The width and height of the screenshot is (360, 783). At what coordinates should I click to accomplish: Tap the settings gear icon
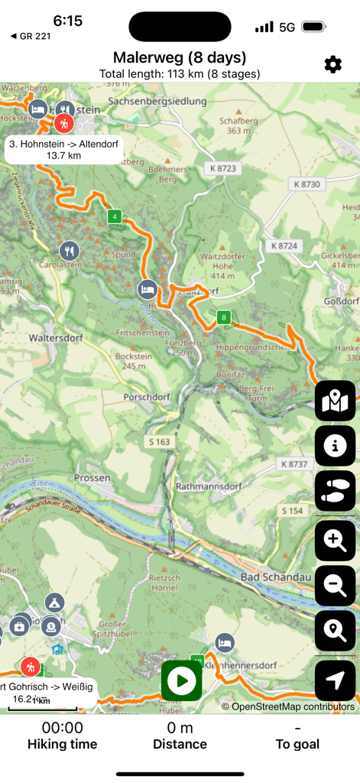[x=332, y=65]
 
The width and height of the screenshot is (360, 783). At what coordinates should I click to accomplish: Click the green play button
[x=182, y=681]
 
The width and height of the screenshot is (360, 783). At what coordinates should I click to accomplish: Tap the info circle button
[x=335, y=446]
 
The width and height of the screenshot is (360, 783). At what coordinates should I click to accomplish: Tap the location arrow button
[x=335, y=680]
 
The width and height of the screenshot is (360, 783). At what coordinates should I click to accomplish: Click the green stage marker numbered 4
[x=115, y=216]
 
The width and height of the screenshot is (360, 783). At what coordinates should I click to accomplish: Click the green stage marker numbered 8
[x=224, y=317]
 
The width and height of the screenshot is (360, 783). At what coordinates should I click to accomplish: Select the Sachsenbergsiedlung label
[x=157, y=101]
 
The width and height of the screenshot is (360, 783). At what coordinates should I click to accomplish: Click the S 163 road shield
[x=157, y=442]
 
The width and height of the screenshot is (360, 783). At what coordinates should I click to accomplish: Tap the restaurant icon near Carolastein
[x=70, y=250]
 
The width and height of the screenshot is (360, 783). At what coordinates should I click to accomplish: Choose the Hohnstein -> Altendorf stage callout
[x=63, y=149]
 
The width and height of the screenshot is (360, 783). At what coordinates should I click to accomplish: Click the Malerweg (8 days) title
[x=180, y=57]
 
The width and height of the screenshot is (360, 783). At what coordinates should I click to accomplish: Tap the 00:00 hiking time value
[x=63, y=727]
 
